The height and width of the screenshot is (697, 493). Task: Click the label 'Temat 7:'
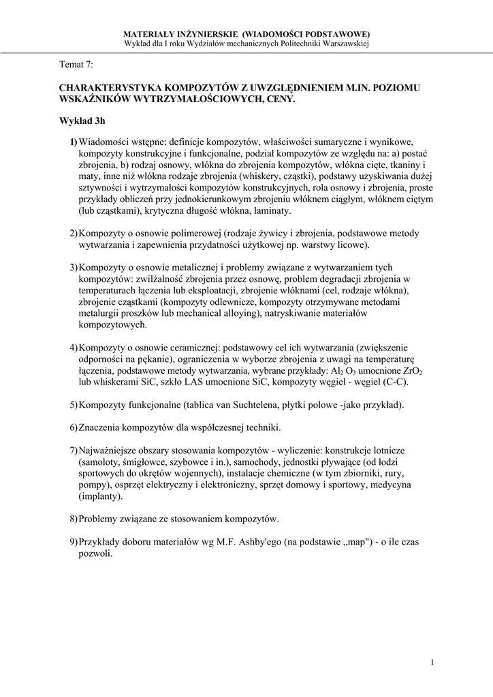[76, 64]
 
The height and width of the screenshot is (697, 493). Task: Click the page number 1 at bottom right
[432, 662]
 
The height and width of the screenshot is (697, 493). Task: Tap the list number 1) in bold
[72, 142]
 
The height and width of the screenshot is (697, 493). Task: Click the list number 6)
[73, 427]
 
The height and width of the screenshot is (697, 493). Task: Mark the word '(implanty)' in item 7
[101, 496]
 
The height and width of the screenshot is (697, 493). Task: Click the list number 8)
[73, 519]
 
